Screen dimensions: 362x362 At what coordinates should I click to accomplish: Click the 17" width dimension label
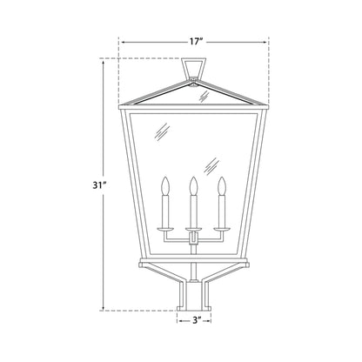pos(196,42)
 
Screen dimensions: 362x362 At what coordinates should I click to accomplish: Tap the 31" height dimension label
pos(98,185)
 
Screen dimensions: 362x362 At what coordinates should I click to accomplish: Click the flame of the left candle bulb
pos(165,185)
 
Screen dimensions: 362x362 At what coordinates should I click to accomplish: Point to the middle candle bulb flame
pos(193,185)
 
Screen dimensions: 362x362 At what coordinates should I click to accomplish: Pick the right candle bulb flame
pos(222,185)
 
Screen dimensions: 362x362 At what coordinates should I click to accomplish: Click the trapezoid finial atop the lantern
pos(193,68)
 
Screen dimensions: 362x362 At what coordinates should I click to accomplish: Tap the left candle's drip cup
pos(165,230)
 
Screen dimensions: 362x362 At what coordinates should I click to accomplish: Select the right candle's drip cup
pos(222,230)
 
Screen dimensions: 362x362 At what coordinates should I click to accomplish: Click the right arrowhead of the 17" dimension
pos(265,43)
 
